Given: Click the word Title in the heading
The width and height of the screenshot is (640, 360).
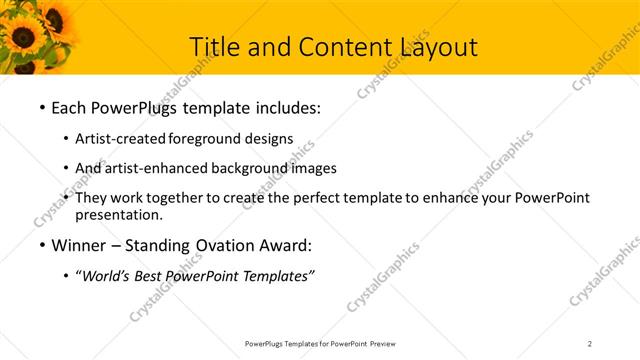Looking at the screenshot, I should coord(213,46).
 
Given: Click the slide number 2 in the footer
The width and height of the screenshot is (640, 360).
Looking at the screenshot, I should coord(590,343).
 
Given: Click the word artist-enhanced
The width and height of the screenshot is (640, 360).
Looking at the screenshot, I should coord(156,168).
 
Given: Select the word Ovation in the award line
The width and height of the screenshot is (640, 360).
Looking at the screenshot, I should coord(233,246).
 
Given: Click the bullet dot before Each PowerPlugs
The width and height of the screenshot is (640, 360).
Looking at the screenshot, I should coord(41,107).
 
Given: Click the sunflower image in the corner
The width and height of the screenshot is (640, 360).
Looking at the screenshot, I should coord(35,35).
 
